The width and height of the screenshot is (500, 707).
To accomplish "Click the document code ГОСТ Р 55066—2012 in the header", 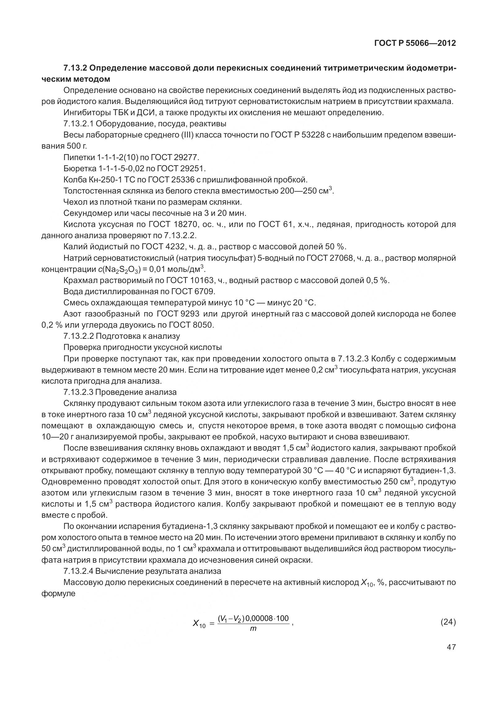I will point(415,43).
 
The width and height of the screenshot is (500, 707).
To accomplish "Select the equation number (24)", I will point(448,622).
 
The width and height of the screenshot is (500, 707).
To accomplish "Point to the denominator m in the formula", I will point(253,629).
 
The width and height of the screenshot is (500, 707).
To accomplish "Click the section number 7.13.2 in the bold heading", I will point(75,68).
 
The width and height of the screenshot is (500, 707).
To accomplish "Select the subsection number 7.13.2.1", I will point(78,124).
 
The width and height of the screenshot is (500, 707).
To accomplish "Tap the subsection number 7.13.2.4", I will point(78,571).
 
